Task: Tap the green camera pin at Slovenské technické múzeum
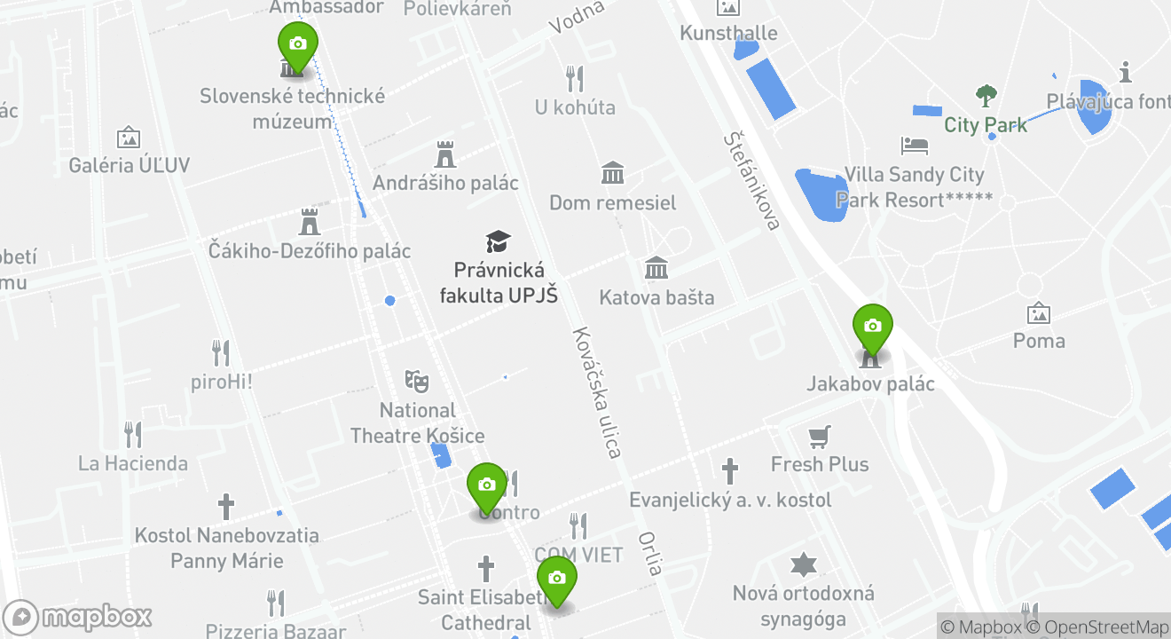(298, 44)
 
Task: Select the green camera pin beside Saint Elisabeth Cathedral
(556, 579)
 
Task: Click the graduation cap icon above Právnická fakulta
(499, 241)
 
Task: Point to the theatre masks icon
(417, 381)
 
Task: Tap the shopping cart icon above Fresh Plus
(819, 436)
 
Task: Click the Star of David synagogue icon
(803, 564)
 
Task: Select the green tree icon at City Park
(986, 96)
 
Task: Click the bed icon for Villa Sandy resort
(914, 145)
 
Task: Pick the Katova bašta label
(656, 297)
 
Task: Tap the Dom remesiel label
(612, 202)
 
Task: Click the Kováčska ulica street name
(595, 392)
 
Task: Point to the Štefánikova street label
(751, 180)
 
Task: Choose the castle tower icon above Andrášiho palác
(445, 154)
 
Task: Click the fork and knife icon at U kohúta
(575, 79)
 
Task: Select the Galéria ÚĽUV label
(130, 165)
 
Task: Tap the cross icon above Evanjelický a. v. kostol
(730, 471)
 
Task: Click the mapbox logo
(78, 617)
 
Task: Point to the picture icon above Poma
(1039, 313)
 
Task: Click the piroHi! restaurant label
(222, 383)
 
